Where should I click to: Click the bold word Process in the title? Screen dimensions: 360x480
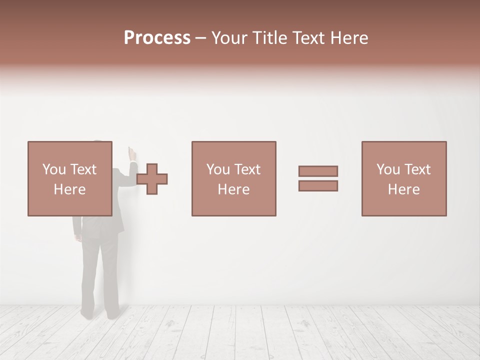(x=157, y=38)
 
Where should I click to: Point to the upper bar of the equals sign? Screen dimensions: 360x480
(x=318, y=171)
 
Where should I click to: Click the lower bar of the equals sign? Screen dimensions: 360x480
(x=318, y=186)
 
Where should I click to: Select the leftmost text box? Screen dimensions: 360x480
(x=69, y=178)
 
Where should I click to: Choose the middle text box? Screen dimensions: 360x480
(x=233, y=178)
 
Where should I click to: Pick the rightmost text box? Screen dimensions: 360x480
(x=403, y=178)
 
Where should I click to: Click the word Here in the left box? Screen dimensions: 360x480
(x=69, y=189)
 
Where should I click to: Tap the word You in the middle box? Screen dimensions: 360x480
(x=218, y=169)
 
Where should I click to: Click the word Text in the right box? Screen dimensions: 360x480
(x=417, y=169)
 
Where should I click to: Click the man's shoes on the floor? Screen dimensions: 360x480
(x=100, y=313)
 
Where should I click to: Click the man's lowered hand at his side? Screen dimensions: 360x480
(x=77, y=237)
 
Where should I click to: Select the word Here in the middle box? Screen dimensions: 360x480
(x=233, y=189)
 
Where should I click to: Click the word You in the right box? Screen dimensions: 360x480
(x=388, y=169)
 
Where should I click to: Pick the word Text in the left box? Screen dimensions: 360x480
(x=83, y=169)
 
